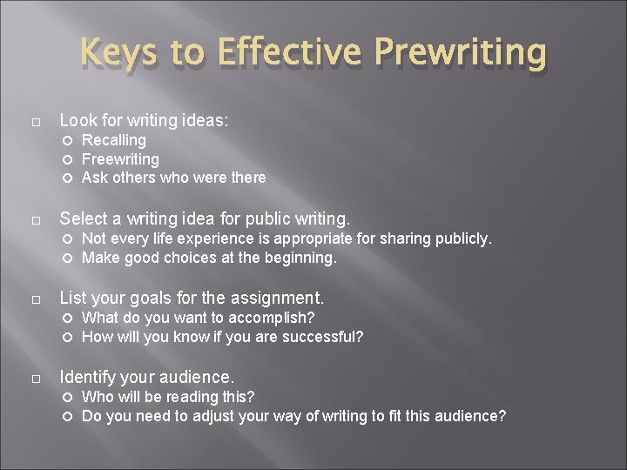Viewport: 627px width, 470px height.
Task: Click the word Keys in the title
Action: tap(117, 54)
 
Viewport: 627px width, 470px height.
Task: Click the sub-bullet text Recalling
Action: tap(113, 140)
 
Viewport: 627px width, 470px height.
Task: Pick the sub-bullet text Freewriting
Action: tap(120, 159)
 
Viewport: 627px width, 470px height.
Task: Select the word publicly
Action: tap(462, 238)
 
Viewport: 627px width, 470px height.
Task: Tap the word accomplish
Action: tap(273, 318)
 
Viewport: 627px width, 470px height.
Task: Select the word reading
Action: tap(193, 397)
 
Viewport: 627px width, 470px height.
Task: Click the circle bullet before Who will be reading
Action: tap(69, 398)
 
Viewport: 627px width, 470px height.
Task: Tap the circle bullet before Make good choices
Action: tap(69, 258)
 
